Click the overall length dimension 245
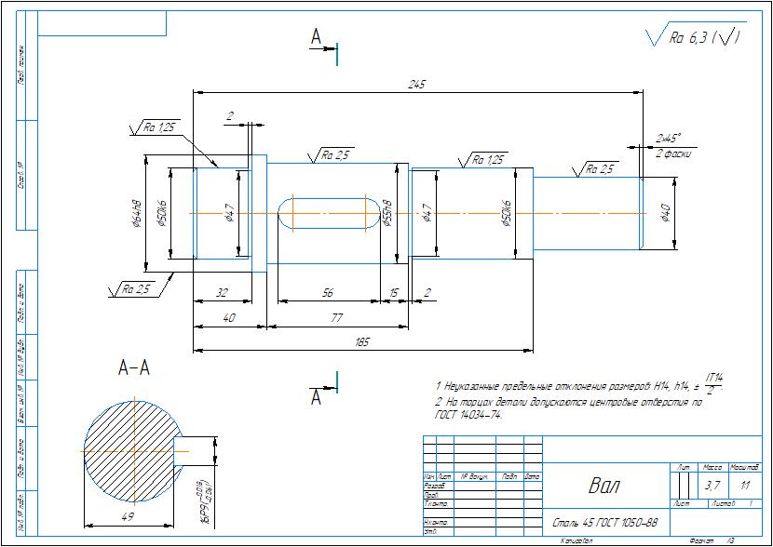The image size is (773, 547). [x=416, y=85]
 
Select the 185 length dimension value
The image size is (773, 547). [x=362, y=342]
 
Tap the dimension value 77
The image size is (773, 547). [x=337, y=317]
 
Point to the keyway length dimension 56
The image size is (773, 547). [x=328, y=293]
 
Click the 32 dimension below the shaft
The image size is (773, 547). [x=222, y=293]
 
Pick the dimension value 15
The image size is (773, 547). [x=394, y=293]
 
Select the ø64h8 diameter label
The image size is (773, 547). [x=136, y=213]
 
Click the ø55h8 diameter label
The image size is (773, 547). [x=388, y=213]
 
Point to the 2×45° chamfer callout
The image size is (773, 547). [x=669, y=137]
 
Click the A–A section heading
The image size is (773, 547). [x=134, y=368]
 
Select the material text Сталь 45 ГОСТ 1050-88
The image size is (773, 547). [x=605, y=523]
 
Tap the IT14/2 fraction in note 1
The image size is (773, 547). [x=713, y=382]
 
